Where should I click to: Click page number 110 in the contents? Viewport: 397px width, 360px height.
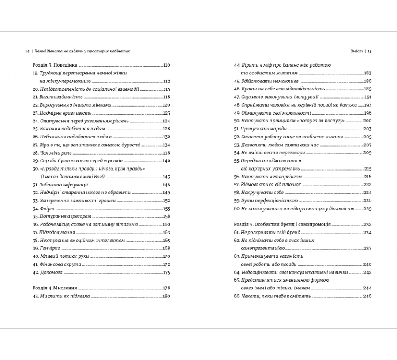click(166, 66)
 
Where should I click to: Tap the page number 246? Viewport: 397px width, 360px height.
click(367, 296)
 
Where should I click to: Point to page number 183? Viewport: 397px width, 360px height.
click(367, 73)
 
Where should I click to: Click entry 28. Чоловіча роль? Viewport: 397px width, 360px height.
click(49, 153)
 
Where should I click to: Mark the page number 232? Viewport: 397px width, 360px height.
click(367, 224)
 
